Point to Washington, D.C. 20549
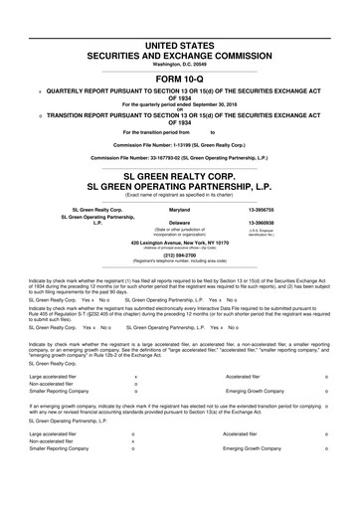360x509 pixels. tap(180, 40)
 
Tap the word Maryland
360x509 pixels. tap(180, 211)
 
